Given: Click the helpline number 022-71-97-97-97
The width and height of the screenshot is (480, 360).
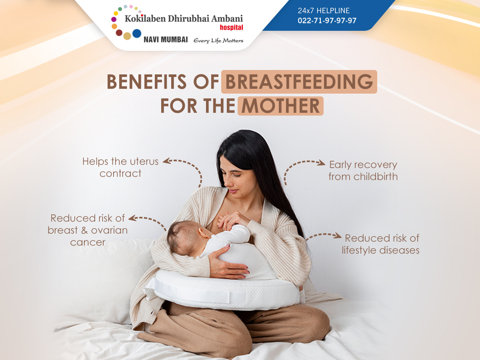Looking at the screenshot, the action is (327, 20).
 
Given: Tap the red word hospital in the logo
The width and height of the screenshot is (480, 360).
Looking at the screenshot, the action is (231, 28).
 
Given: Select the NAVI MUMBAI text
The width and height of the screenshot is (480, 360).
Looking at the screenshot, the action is (166, 40).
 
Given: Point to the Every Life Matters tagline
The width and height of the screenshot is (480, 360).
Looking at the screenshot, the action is (218, 41).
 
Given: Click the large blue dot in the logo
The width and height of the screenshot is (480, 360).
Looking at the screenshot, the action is (137, 34).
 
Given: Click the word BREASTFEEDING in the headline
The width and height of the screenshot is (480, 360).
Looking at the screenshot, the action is (299, 82).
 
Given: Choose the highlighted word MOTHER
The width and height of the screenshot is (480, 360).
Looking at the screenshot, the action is (280, 106).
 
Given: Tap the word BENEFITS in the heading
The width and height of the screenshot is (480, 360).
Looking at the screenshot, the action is (146, 82).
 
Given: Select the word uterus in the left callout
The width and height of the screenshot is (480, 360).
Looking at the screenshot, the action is (144, 162).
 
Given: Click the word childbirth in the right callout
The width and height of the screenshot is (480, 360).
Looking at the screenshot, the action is (376, 177).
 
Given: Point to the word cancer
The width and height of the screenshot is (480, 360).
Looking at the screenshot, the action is (88, 242).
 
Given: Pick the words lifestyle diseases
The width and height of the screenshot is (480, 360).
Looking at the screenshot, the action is (380, 250).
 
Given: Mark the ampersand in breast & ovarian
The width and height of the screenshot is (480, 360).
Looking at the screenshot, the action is (84, 230).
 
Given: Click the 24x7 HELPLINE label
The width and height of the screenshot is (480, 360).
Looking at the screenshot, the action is (324, 10).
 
